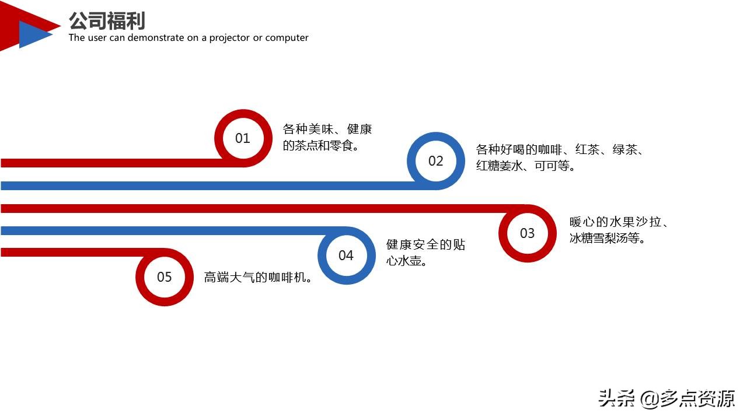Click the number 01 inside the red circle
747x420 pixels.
coord(242,138)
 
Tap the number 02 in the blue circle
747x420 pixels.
coord(436,161)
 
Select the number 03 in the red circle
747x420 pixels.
coord(527,233)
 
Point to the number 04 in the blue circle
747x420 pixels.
coord(346,256)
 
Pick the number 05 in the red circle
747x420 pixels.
coord(165,277)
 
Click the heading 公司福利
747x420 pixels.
coord(107,21)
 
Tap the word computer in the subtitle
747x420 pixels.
coord(287,38)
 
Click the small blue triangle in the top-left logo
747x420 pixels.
coord(32,34)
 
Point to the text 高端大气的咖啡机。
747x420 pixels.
coord(257,278)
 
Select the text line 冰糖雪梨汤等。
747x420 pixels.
coord(608,238)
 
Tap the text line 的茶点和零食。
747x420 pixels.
coord(320,145)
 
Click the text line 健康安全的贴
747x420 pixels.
coord(425,245)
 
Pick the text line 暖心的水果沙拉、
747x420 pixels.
coord(619,222)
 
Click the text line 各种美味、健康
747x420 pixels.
coord(327,129)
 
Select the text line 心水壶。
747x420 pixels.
coord(407,261)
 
